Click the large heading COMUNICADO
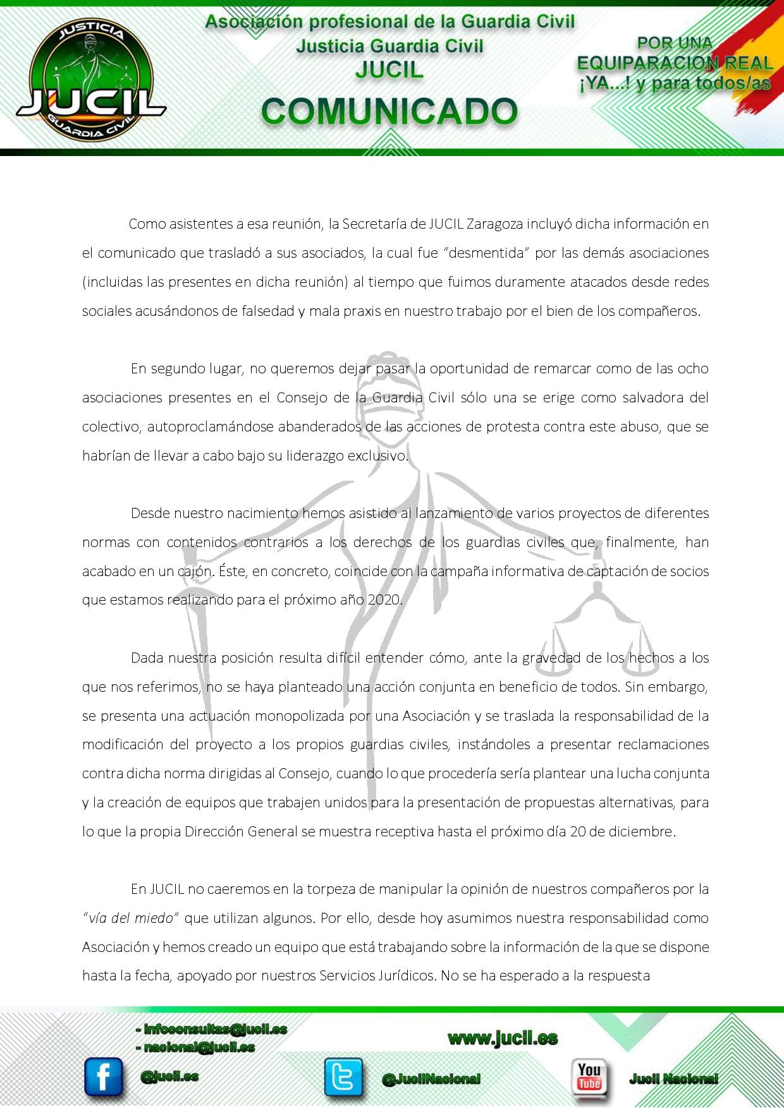pos(389,111)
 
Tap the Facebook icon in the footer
pos(103,1076)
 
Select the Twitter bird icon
pos(343,1077)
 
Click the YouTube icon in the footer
pos(589,1076)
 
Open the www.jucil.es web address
pos(503,1038)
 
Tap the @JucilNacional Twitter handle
pos(431,1079)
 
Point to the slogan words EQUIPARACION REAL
pos(675,63)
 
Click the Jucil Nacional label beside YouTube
pos(673,1079)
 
